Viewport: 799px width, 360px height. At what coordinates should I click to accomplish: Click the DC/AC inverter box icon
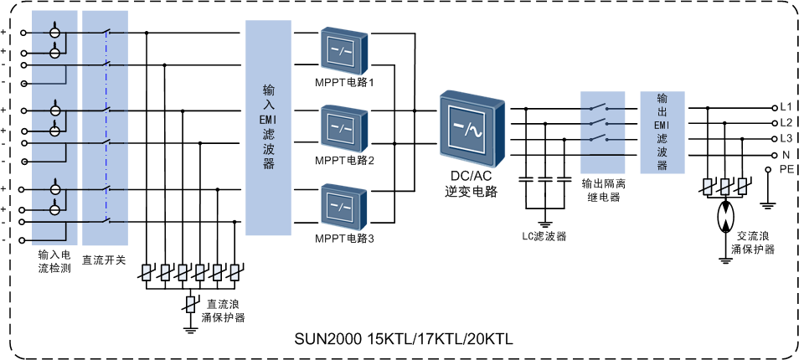click(472, 131)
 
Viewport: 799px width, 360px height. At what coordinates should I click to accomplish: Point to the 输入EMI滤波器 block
click(269, 126)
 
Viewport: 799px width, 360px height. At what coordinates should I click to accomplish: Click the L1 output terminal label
click(786, 107)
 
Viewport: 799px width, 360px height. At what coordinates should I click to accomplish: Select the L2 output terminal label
click(786, 122)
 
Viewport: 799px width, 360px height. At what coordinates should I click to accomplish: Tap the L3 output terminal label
click(786, 138)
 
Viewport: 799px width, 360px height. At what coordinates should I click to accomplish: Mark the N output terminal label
click(786, 155)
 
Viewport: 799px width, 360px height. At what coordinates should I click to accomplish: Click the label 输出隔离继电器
click(603, 190)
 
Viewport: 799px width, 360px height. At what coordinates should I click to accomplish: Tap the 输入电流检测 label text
click(54, 260)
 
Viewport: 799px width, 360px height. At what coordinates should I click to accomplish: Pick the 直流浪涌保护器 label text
click(222, 311)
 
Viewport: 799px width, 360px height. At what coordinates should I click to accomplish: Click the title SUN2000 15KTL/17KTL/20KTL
click(402, 340)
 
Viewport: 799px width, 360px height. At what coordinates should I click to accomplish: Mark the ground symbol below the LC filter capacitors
click(545, 223)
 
